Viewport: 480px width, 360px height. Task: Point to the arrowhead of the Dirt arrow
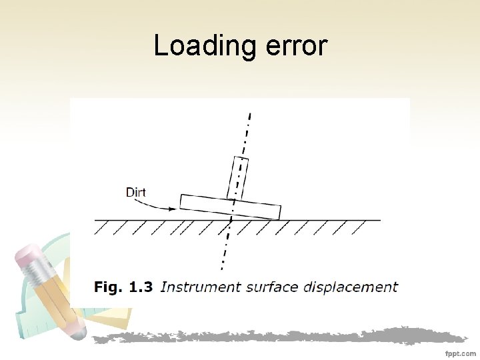[x=175, y=208]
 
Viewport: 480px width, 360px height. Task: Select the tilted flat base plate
[x=230, y=207]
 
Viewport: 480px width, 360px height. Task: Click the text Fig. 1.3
[x=123, y=287]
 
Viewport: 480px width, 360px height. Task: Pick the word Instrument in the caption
[x=200, y=287]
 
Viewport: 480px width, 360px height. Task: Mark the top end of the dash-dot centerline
[x=250, y=114]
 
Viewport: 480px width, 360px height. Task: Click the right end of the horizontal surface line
[x=381, y=220]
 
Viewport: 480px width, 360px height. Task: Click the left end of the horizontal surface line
[x=95, y=220]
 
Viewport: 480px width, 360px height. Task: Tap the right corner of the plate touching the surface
[x=279, y=219]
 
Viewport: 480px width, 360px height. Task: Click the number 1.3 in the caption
[x=141, y=287]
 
